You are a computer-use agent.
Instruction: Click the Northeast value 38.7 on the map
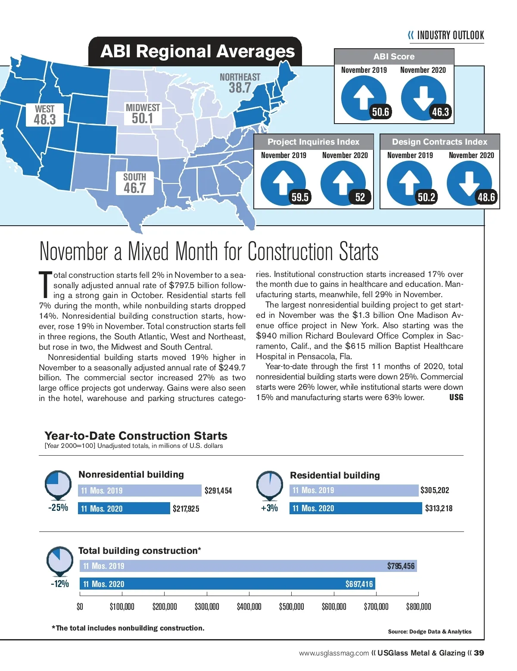pyautogui.click(x=240, y=88)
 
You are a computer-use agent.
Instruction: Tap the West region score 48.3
pyautogui.click(x=45, y=119)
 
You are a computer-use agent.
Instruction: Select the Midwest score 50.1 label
pyautogui.click(x=143, y=118)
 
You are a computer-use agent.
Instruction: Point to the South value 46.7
pyautogui.click(x=135, y=188)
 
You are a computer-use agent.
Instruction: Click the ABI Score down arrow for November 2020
pyautogui.click(x=423, y=97)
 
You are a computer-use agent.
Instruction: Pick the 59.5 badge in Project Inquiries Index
pyautogui.click(x=300, y=197)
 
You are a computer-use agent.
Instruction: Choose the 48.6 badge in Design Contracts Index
pyautogui.click(x=486, y=197)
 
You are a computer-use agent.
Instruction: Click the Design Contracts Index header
pyautogui.click(x=439, y=142)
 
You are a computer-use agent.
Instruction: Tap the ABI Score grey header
pyautogui.click(x=394, y=56)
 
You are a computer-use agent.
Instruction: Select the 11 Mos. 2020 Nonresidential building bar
pyautogui.click(x=124, y=509)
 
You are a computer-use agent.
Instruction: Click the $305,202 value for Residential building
pyautogui.click(x=435, y=490)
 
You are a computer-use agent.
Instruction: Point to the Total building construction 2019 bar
pyautogui.click(x=248, y=566)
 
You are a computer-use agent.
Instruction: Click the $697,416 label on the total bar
pyautogui.click(x=359, y=584)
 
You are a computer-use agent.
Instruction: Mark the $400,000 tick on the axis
pyautogui.click(x=249, y=606)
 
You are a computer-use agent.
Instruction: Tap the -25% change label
pyautogui.click(x=58, y=507)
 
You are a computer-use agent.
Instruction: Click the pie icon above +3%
pyautogui.click(x=270, y=484)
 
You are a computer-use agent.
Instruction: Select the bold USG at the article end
pyautogui.click(x=456, y=397)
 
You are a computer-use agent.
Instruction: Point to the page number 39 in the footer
pyautogui.click(x=479, y=653)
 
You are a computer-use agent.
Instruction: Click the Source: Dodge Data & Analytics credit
pyautogui.click(x=430, y=631)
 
